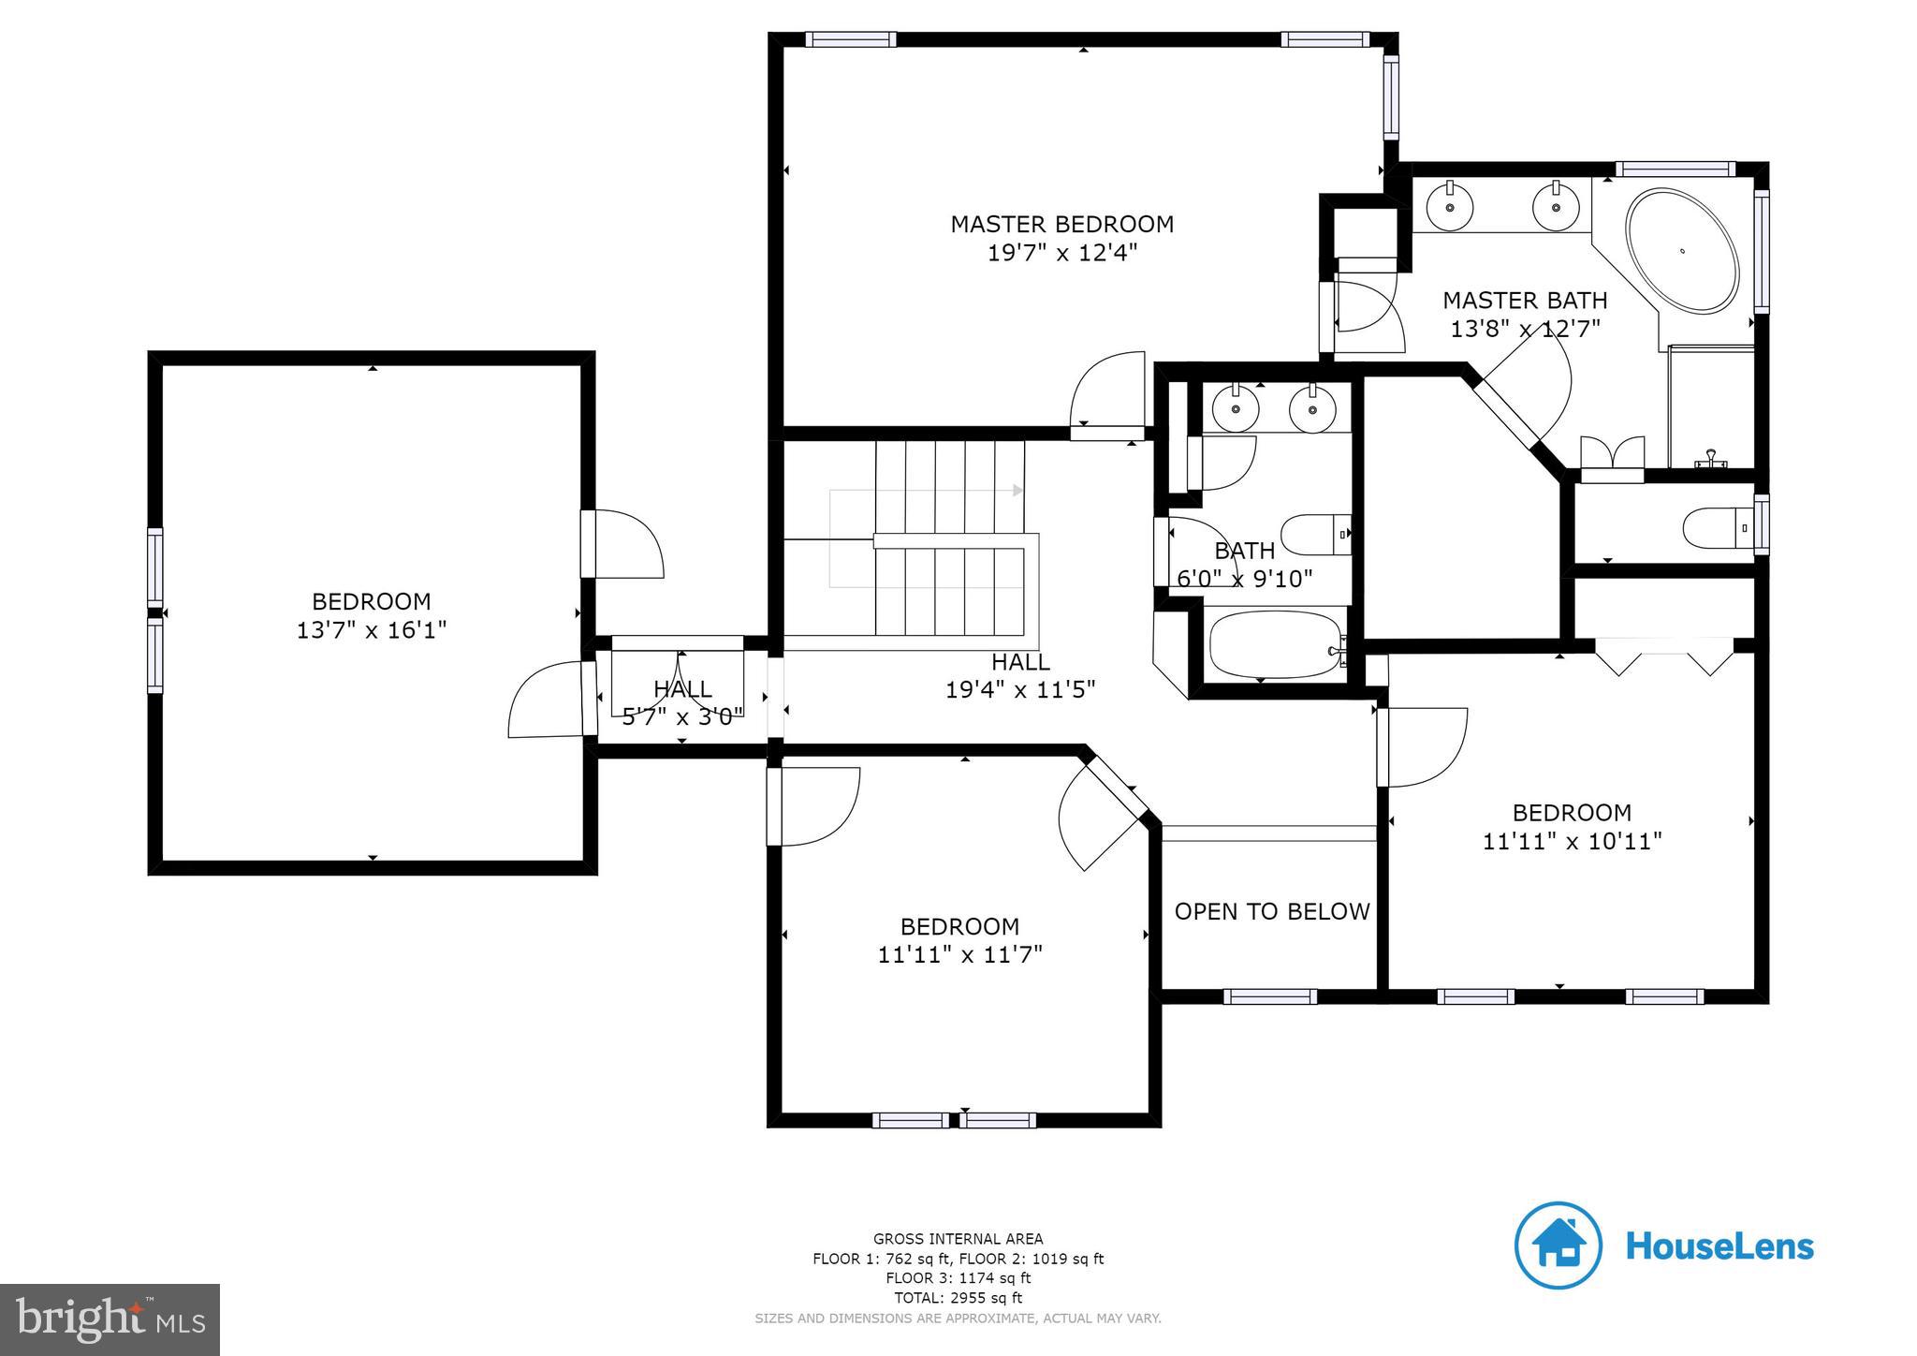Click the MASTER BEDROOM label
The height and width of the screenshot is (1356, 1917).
[1061, 224]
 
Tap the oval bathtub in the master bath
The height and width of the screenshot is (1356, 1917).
[1681, 251]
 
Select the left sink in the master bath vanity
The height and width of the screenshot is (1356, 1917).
[1450, 206]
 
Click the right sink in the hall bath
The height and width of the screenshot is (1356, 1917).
[1312, 409]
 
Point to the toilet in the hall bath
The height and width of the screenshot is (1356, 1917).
[1315, 535]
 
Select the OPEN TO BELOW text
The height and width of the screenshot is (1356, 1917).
[1271, 911]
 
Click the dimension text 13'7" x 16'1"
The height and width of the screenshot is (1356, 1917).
[372, 630]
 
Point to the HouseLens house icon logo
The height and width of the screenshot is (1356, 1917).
[1558, 1245]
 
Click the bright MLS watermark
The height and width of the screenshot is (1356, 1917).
[110, 1319]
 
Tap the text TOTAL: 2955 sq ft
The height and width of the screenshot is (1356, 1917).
[958, 1298]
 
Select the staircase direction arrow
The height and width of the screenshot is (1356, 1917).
[1018, 490]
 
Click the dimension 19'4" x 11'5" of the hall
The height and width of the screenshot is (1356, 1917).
[1019, 690]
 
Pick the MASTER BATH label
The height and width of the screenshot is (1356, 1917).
[1524, 301]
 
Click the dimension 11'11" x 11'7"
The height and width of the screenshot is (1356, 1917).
[959, 954]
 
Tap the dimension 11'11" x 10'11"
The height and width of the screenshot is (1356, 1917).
[1572, 841]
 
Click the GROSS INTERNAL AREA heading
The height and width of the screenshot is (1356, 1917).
[958, 1239]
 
